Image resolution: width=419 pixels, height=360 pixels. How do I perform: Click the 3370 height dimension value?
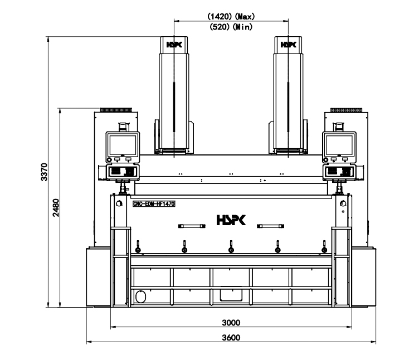pos(45,172)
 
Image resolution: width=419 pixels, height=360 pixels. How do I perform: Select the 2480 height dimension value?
pos(56,208)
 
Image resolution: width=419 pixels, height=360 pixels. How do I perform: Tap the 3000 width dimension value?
pos(231,323)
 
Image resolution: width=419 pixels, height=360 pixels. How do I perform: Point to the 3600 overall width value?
pos(231,338)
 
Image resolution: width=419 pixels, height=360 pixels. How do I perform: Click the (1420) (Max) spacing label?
pos(231,16)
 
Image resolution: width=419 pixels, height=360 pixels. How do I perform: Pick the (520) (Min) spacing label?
pos(231,27)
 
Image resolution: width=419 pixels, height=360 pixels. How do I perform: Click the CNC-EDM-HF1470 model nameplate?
pos(154,204)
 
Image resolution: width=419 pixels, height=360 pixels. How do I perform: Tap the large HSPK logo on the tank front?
pos(231,220)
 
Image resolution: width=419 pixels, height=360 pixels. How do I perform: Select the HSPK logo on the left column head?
pos(174,45)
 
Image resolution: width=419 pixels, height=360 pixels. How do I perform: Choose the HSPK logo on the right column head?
pos(289,45)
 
